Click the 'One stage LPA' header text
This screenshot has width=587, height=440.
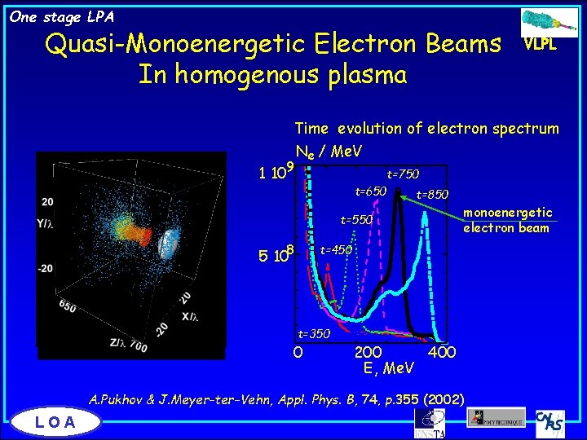pos(62,16)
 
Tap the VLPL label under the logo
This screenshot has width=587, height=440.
pos(541,45)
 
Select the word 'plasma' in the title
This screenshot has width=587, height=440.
pos(364,75)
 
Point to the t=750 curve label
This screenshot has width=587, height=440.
pos(403,174)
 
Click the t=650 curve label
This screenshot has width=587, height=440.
pos(370,191)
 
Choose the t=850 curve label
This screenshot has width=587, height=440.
pos(432,196)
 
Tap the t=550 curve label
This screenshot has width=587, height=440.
pos(356,220)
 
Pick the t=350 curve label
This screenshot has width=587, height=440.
pos(314,333)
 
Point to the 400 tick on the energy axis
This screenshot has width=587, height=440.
pos(442,352)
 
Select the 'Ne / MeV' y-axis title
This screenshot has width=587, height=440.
pos(329,151)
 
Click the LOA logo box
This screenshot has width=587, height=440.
pos(55,421)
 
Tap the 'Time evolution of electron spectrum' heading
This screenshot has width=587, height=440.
pos(426,128)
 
